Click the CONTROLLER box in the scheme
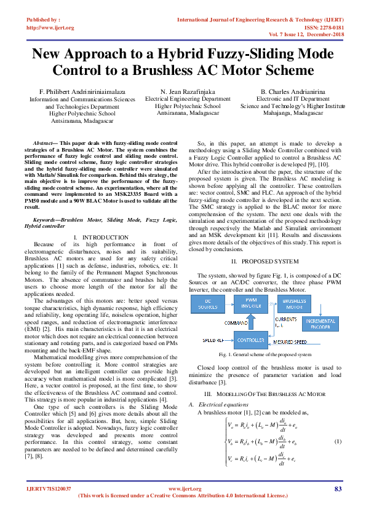click(250, 338)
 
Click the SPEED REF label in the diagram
click(211, 339)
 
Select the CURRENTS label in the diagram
click(286, 319)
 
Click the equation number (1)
click(337, 442)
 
